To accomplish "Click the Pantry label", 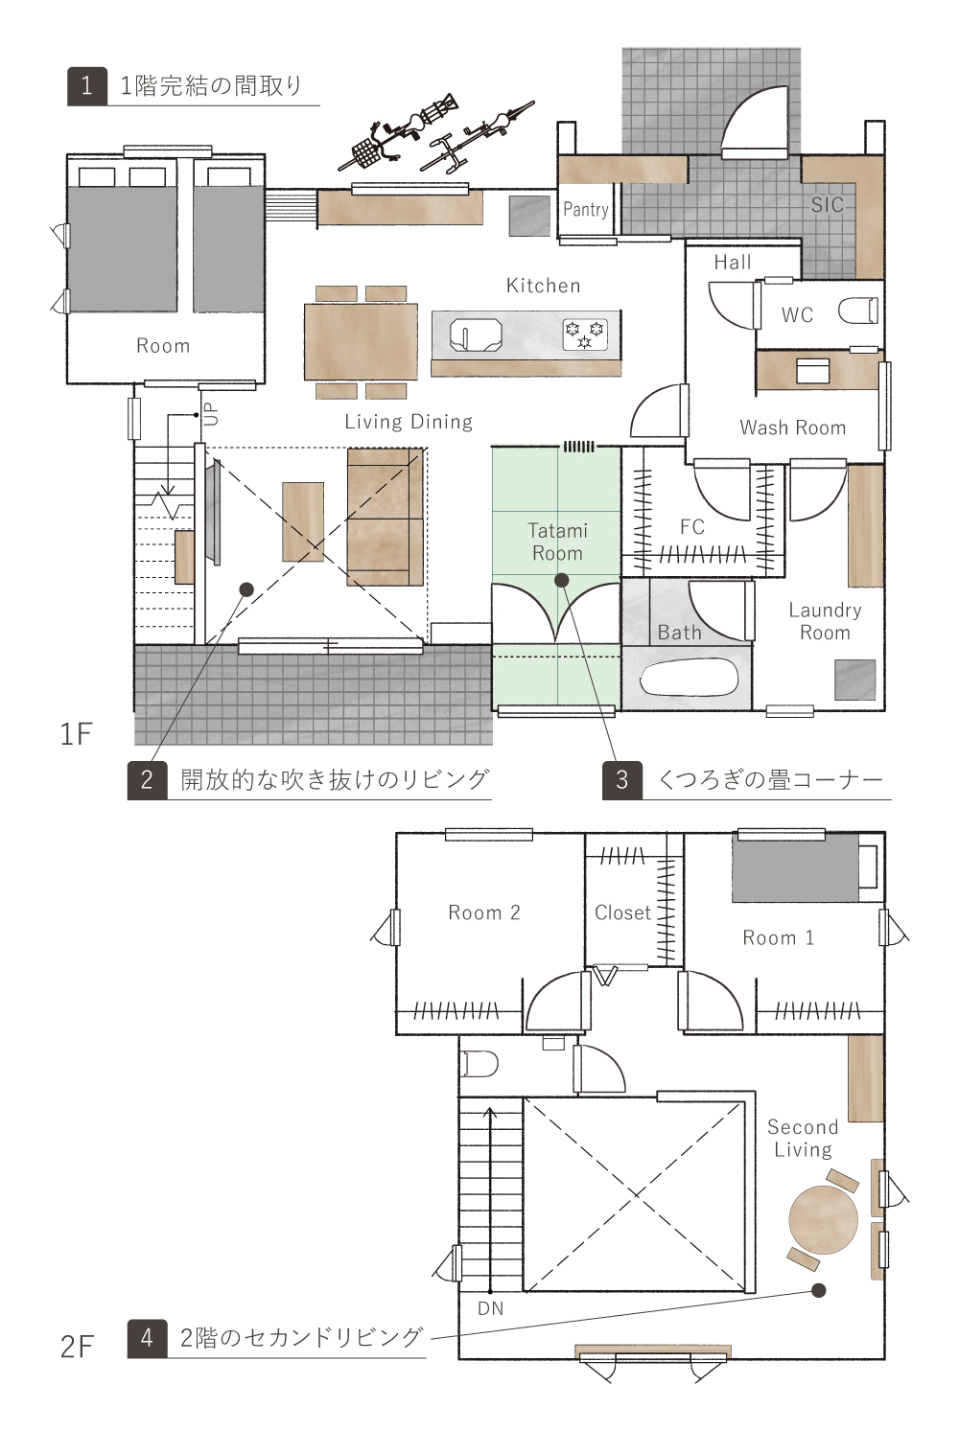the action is [x=586, y=210].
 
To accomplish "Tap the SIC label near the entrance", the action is [x=828, y=204].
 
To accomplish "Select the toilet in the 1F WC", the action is [x=857, y=312].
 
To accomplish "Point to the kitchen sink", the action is [x=475, y=335].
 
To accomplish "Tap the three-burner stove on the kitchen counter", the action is [x=584, y=335].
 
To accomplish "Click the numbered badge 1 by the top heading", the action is [x=86, y=86].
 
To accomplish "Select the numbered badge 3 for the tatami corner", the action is [x=622, y=780].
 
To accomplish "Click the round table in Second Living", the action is [x=824, y=1219].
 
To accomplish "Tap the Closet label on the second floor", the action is [x=622, y=912].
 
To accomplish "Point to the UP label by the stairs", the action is [x=212, y=414].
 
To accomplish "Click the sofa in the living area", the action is [x=386, y=518].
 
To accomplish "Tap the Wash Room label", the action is [x=793, y=427].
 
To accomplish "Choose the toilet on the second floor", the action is [x=479, y=1064].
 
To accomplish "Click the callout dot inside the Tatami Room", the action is [x=561, y=580].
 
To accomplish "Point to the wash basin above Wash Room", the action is [x=812, y=371].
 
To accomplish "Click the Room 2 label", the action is [x=484, y=912].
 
